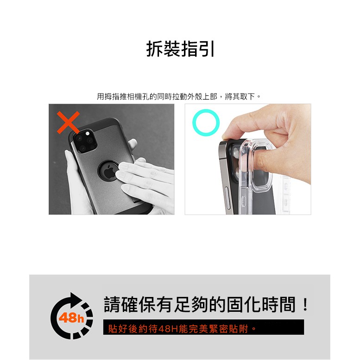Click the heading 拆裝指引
click(x=180, y=49)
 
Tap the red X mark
click(x=68, y=122)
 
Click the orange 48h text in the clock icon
click(x=71, y=318)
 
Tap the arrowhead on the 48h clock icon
click(x=76, y=299)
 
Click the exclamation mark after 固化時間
click(x=305, y=304)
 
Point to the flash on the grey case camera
click(x=88, y=133)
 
